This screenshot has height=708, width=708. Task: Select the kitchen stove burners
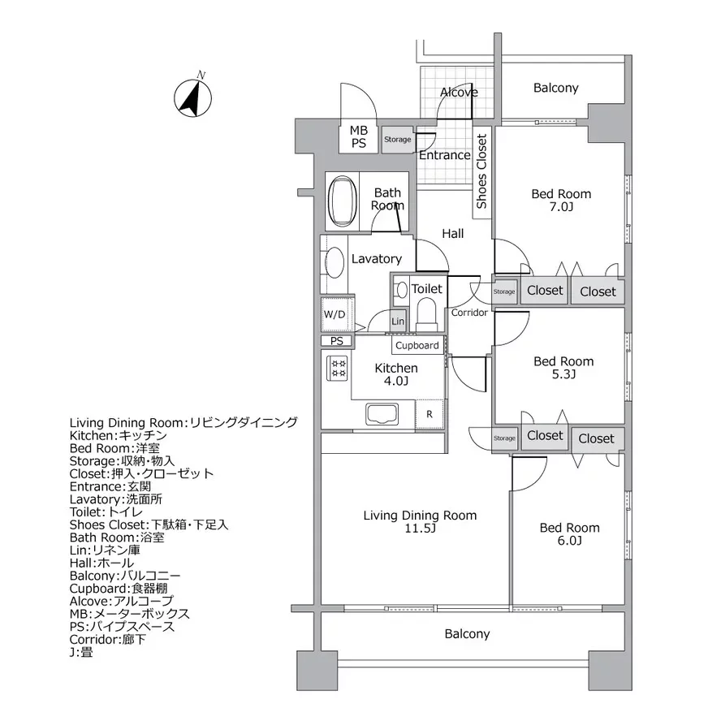pyautogui.click(x=337, y=368)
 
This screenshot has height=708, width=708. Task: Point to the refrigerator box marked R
pyautogui.click(x=430, y=412)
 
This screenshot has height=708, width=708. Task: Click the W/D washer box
pyautogui.click(x=335, y=313)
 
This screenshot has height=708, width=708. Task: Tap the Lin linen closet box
pyautogui.click(x=397, y=322)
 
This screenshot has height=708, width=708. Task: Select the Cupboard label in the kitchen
pyautogui.click(x=417, y=345)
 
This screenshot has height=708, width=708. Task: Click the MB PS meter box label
pyautogui.click(x=358, y=137)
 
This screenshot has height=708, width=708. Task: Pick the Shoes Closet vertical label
pyautogui.click(x=481, y=171)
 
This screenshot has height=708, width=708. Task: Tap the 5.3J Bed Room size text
pyautogui.click(x=563, y=375)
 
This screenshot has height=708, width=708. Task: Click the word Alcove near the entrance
pyautogui.click(x=459, y=93)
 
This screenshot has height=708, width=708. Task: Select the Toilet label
pyautogui.click(x=427, y=288)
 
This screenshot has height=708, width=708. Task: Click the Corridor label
pyautogui.click(x=469, y=312)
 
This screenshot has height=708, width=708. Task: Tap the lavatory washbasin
pyautogui.click(x=332, y=263)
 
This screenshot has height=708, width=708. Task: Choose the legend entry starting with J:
pyautogui.click(x=82, y=651)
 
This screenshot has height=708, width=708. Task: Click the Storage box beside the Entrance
pyautogui.click(x=397, y=140)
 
